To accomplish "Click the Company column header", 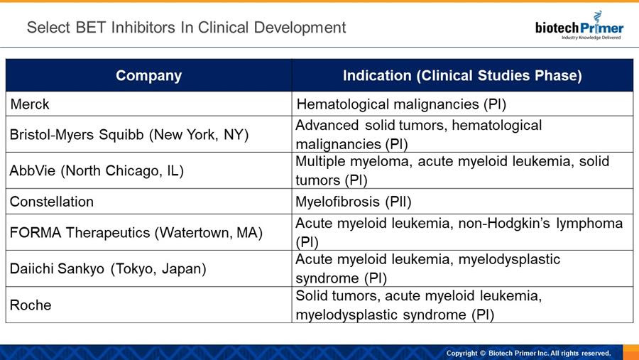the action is point(149,75).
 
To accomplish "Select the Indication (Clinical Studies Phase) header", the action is point(462,75).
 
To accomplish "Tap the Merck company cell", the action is point(149,104).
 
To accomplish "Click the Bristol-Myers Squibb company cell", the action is point(149,134).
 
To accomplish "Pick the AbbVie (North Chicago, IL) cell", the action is point(149,170).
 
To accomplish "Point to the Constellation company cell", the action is point(149,202).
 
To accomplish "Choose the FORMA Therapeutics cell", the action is point(149,232).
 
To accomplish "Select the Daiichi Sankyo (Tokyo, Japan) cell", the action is point(149,268).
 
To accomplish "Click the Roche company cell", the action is point(149,305).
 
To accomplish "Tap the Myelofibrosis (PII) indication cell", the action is point(462,202).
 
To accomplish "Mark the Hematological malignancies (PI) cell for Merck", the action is point(462,104).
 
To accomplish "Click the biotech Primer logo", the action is point(579,26).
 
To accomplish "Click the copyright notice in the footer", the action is point(528,353).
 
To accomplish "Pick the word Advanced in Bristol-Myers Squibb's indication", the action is point(327,125).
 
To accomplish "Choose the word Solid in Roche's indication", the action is point(312,295).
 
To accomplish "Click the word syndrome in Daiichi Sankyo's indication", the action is point(327,279).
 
